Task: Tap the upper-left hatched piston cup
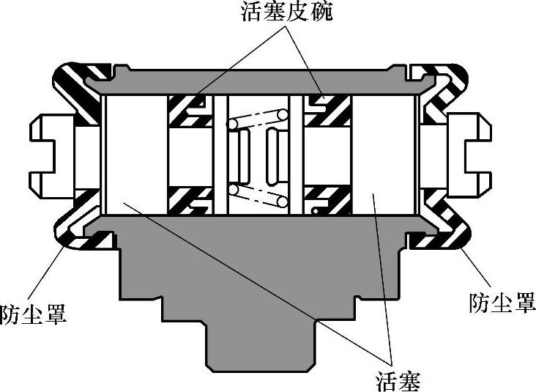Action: (x=187, y=110)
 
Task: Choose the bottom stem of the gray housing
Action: (x=259, y=344)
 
